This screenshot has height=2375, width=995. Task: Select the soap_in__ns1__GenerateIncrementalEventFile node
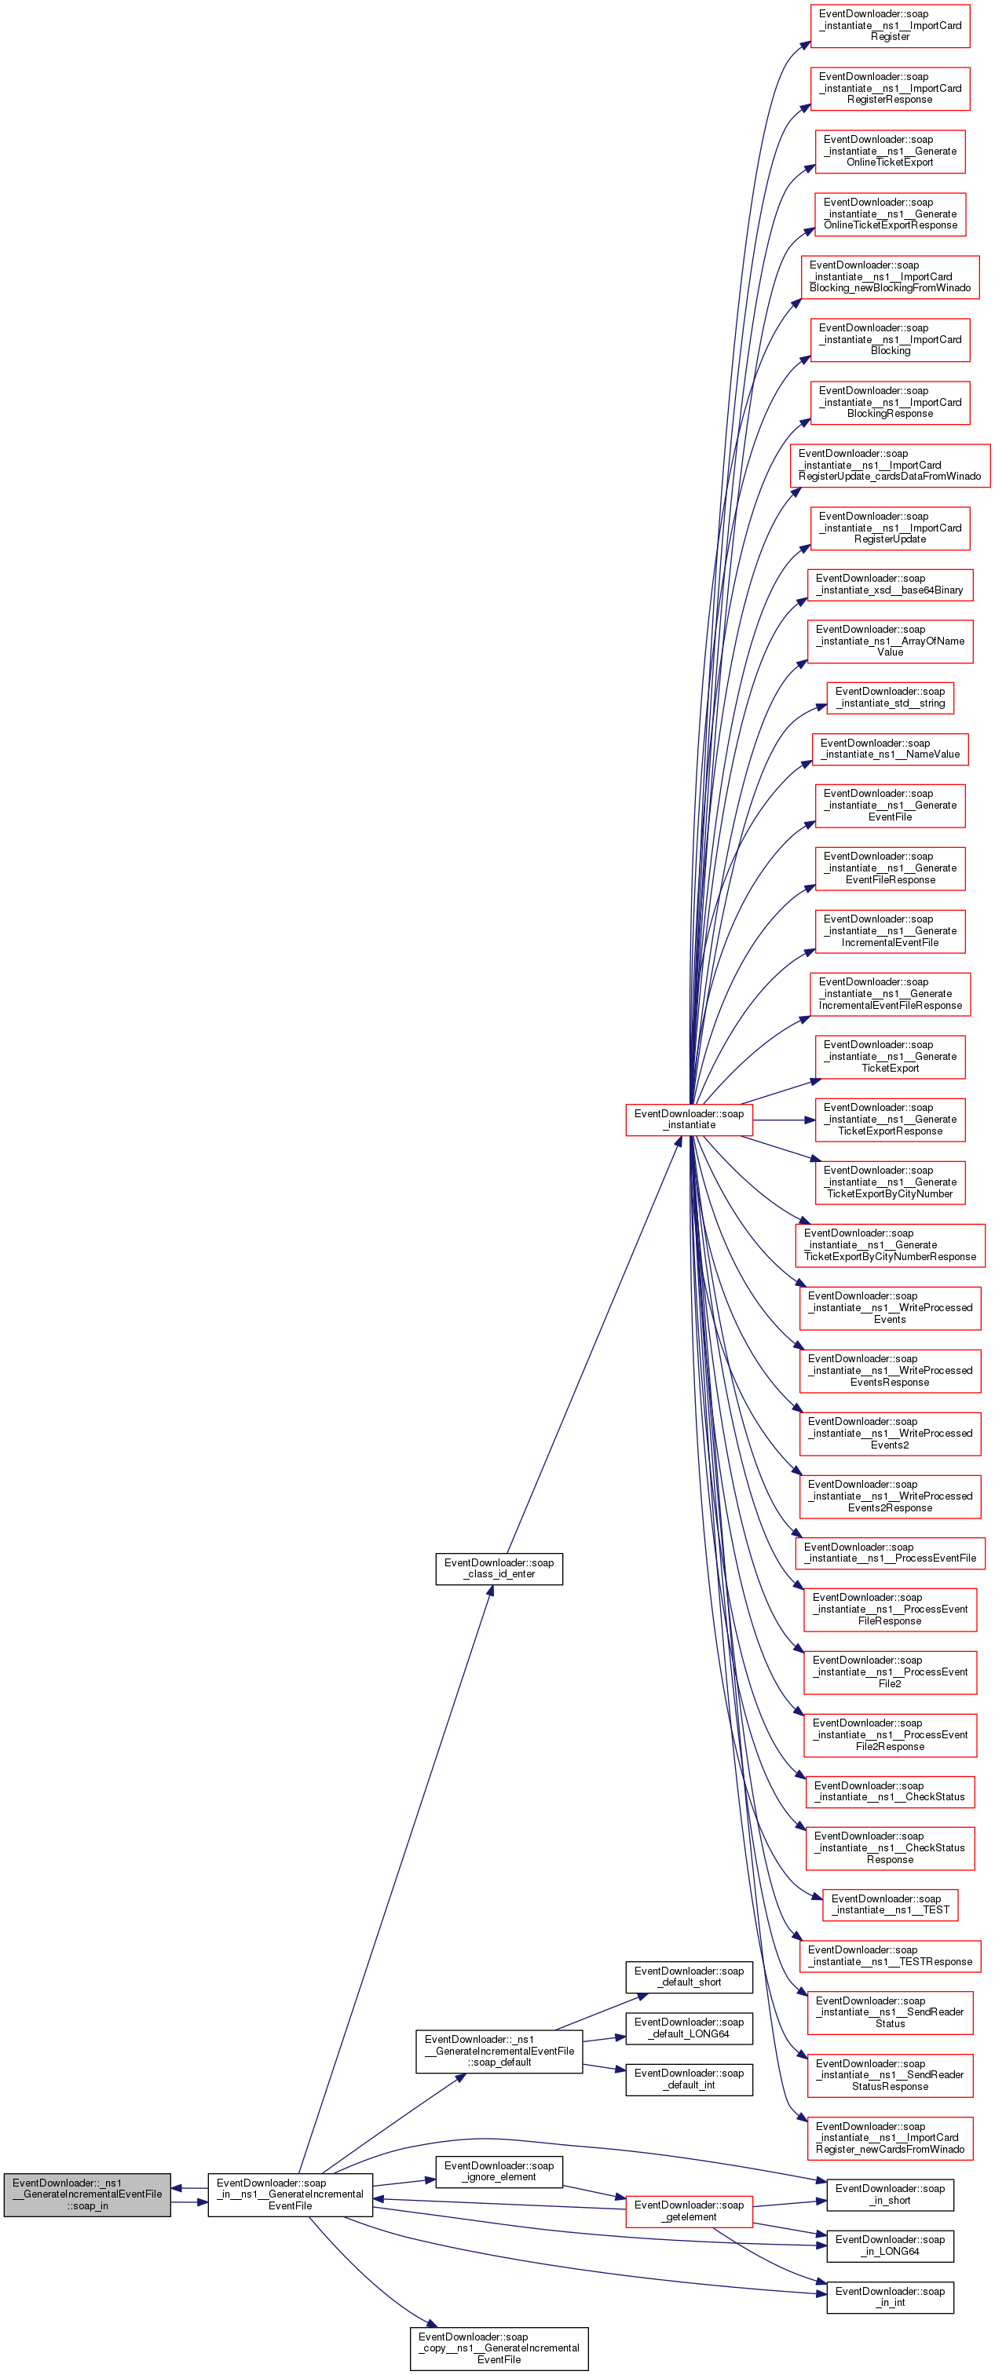(290, 2194)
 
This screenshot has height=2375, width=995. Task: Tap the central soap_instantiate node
(689, 1120)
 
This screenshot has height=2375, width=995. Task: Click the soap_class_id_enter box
(499, 1568)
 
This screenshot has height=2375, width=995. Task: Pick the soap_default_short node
(689, 1977)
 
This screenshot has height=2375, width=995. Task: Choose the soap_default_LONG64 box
(689, 2027)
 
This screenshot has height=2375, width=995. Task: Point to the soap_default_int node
(689, 2079)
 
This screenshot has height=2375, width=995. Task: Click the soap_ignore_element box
(499, 2171)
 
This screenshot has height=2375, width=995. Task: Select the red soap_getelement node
(689, 2211)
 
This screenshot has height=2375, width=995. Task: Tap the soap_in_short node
(890, 2194)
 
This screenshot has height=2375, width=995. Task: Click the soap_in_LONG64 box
(890, 2245)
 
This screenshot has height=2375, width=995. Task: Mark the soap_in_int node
(890, 2296)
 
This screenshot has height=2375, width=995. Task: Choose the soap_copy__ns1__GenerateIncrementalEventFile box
(499, 2348)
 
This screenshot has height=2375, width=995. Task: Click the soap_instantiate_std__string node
(890, 697)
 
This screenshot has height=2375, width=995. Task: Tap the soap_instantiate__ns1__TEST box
(890, 1904)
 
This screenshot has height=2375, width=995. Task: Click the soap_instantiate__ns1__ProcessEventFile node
(890, 1553)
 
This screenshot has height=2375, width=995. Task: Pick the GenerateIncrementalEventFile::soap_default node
(499, 2051)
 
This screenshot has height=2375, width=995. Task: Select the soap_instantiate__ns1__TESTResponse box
(890, 1956)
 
